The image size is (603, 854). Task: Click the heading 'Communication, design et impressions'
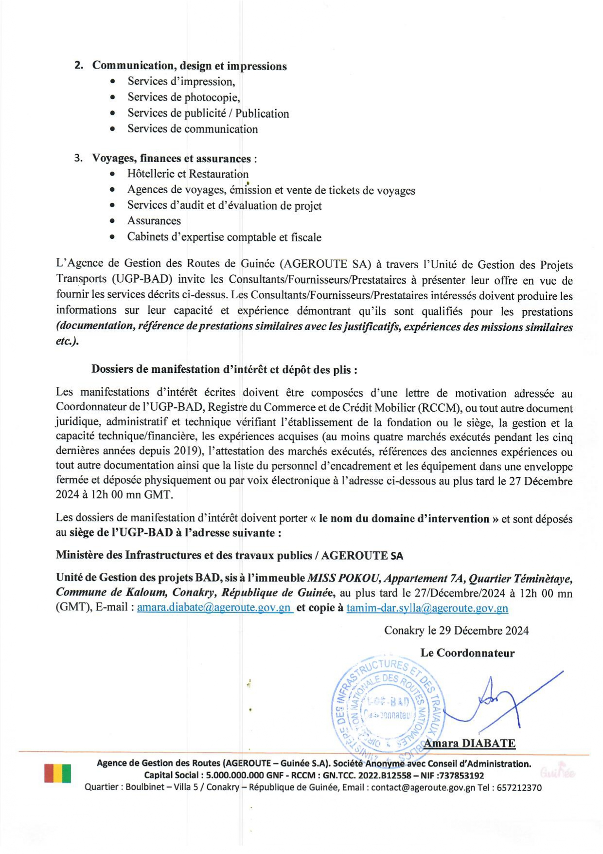pos(189,66)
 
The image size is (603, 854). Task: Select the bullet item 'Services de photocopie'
pos(183,97)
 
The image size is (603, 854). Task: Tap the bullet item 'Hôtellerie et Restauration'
pos(188,174)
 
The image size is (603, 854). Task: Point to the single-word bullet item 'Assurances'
pos(154,221)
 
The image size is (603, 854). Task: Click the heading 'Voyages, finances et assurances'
pos(172,158)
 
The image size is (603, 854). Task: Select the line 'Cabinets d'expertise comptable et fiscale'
pos(224,237)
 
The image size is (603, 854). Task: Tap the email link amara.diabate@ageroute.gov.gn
pos(214,608)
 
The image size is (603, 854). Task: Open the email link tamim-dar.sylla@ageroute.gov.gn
pos(427,608)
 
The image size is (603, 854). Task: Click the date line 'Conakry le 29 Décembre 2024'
pos(456,631)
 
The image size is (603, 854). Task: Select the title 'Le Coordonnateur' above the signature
pos(467,653)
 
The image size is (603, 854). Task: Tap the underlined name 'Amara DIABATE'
pos(469,744)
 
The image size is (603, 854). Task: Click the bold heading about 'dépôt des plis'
pos(224,369)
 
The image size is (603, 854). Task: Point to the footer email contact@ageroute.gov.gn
pos(423,787)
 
